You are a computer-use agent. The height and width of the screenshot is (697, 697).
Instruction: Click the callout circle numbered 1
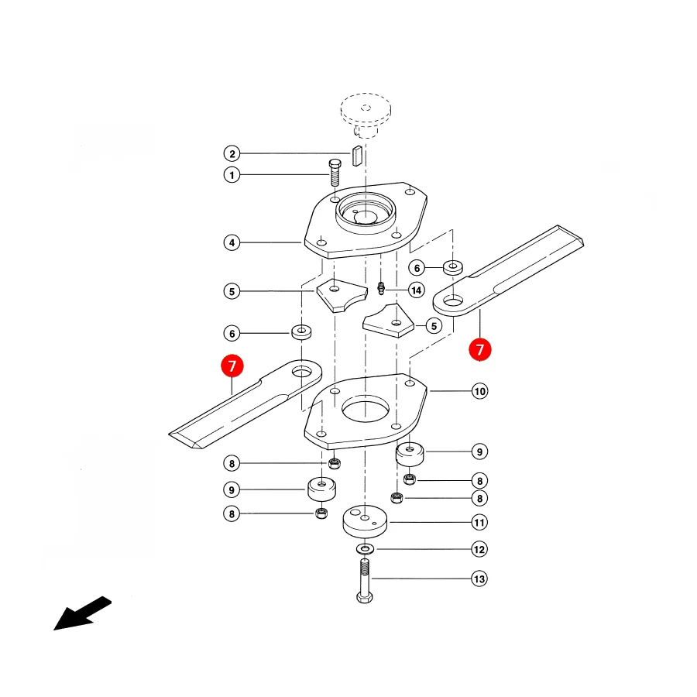click(x=232, y=175)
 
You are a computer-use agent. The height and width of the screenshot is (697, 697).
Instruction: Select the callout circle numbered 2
click(x=232, y=154)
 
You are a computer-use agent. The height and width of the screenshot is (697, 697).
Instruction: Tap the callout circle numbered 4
click(x=232, y=242)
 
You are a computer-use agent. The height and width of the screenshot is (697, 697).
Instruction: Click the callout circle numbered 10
click(x=479, y=391)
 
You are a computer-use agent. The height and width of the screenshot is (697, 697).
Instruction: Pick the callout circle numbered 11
click(x=479, y=522)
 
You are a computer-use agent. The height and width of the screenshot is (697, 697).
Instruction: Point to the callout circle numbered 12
click(x=479, y=549)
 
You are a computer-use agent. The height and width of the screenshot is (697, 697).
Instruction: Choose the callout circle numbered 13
click(x=479, y=579)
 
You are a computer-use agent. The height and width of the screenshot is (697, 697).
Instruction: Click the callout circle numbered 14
click(x=416, y=290)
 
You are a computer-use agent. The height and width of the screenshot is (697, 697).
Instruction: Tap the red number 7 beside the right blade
click(x=480, y=349)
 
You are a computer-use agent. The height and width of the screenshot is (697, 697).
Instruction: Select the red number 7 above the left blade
click(x=232, y=366)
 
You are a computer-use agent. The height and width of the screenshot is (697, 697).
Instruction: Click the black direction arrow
click(x=82, y=613)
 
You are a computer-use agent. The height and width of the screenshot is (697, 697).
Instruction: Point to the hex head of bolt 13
click(x=365, y=597)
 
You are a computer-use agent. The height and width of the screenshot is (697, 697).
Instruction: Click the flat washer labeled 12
click(x=365, y=549)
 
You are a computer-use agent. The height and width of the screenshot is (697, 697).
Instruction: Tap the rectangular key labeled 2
click(x=357, y=156)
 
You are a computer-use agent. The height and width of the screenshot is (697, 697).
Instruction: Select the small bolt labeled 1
click(x=335, y=173)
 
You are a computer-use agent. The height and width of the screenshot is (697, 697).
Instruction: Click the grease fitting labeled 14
click(x=380, y=288)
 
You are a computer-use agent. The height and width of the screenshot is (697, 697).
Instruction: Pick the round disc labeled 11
click(x=365, y=521)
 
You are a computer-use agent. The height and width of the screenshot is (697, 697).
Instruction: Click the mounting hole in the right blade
click(x=453, y=302)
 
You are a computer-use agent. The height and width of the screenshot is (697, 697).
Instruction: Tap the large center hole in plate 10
click(x=366, y=408)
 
